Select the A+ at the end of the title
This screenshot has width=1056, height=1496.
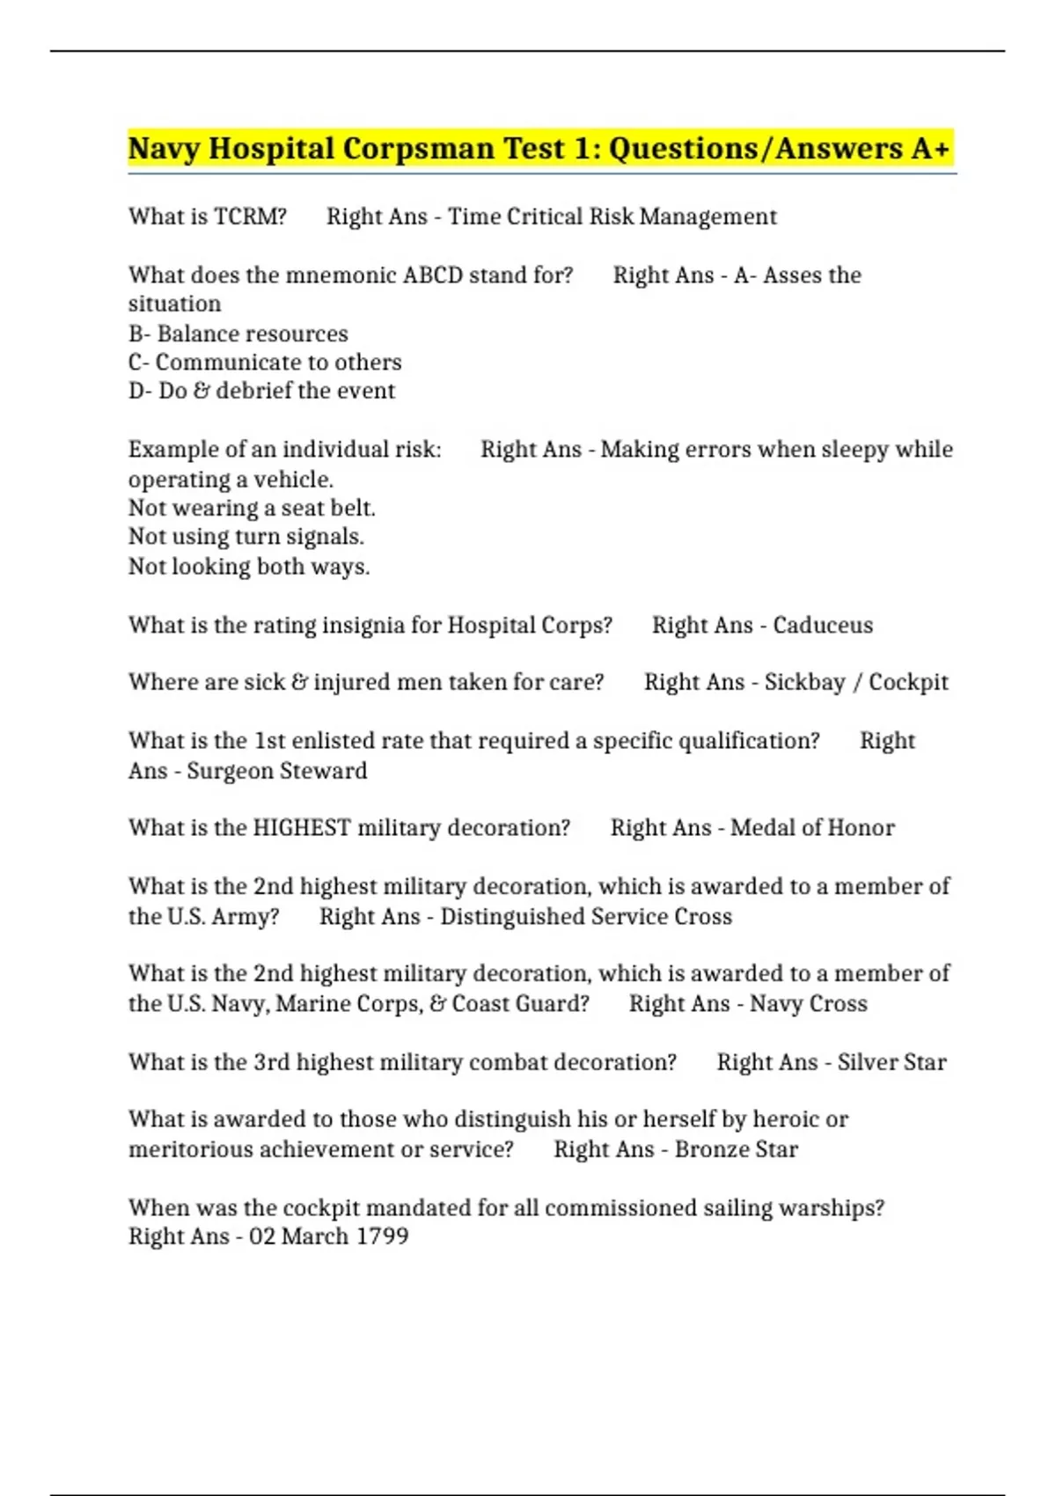[930, 149]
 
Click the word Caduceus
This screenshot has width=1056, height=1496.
[823, 625]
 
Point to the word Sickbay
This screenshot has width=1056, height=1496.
[804, 682]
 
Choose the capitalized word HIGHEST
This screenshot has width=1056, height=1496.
[301, 828]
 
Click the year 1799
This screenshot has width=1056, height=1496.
[382, 1236]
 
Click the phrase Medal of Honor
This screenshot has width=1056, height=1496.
[812, 828]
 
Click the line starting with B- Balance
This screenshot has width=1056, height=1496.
[238, 334]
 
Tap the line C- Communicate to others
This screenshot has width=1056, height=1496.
[265, 363]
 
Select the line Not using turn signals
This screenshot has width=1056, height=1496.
[246, 537]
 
